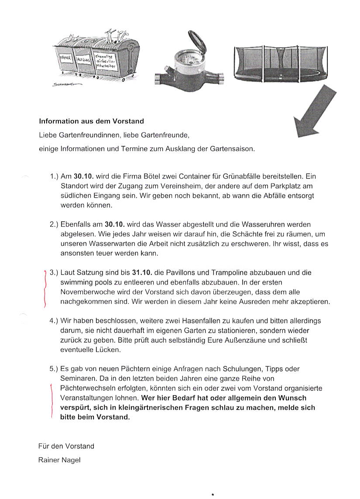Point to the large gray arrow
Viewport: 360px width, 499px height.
click(314, 112)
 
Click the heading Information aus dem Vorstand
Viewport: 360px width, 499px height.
click(91, 121)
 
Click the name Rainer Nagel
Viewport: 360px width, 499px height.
click(59, 460)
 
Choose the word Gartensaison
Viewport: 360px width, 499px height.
click(233, 148)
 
